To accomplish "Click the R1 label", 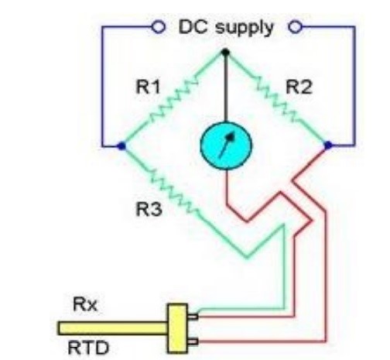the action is [148, 87].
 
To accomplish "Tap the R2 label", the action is [299, 87].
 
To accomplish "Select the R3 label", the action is [149, 209].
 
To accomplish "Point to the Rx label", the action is [85, 304].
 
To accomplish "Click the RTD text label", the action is [88, 348].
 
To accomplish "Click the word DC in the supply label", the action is [193, 27].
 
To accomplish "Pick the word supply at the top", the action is [245, 29].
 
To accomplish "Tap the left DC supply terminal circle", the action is [159, 26].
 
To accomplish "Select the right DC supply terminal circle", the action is [295, 27].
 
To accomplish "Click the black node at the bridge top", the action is [226, 53].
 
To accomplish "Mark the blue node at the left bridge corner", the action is [121, 146].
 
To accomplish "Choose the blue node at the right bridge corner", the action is [328, 146].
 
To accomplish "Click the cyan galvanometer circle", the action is [226, 146].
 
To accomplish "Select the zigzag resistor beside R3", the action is [175, 192].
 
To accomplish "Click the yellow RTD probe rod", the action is [112, 328].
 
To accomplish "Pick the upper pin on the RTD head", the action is [193, 316].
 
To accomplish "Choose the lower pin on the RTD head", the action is [193, 341].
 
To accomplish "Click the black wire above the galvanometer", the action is [226, 88].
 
